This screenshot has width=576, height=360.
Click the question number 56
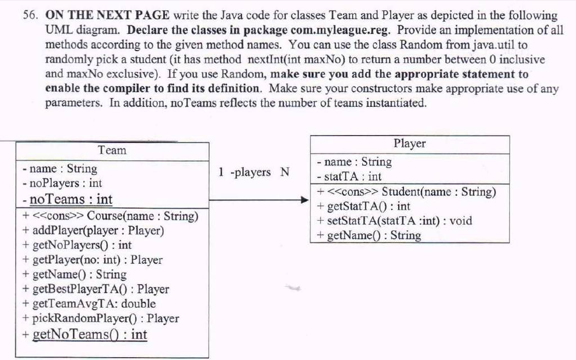coord(30,15)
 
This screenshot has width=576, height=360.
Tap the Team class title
coord(112,150)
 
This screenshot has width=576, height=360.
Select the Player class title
coord(409,143)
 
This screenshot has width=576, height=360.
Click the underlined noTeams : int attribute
coord(67,200)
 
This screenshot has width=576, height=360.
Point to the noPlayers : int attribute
coord(62,183)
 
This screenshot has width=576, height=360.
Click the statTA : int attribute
coord(349,177)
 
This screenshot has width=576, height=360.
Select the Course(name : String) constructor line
coord(111,216)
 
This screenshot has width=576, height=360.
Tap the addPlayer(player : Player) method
coord(93,231)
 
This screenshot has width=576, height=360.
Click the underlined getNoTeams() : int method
coord(85,335)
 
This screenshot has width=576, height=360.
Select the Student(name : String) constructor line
coord(407,192)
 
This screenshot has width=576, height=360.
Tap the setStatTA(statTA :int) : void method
coord(394,220)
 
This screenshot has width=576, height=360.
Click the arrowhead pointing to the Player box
coord(305,200)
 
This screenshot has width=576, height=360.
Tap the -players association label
coord(250,172)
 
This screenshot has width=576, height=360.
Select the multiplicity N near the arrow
coord(285,172)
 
